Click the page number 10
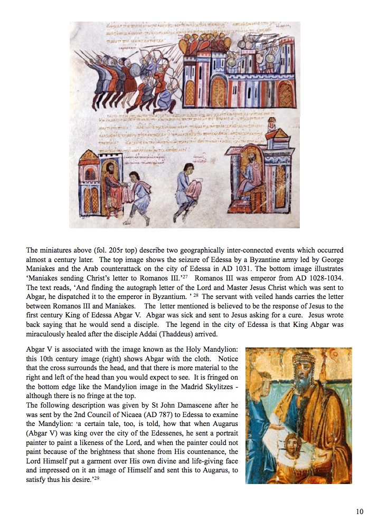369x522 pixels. tap(359, 511)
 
